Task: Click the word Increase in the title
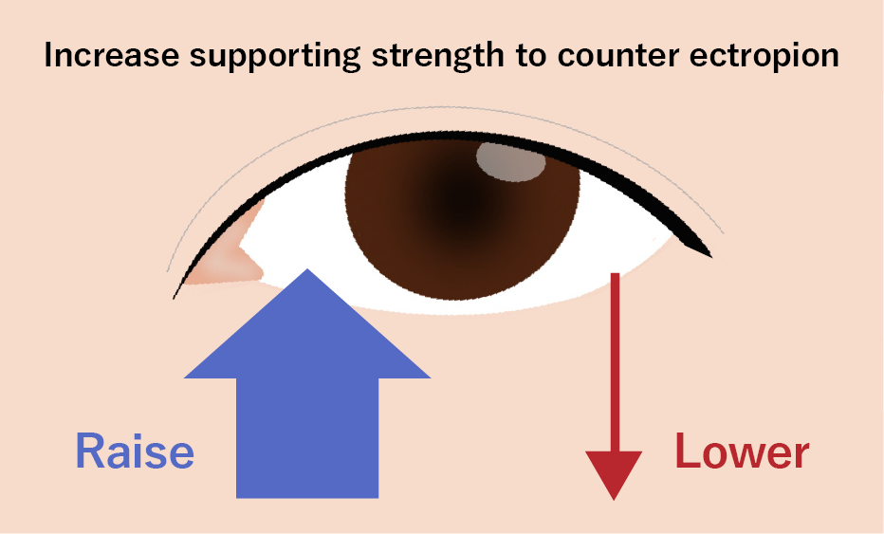(x=100, y=55)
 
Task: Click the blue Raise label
(x=135, y=452)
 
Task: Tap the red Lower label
(x=742, y=452)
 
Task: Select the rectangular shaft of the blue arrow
(x=307, y=436)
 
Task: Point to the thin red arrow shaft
(x=615, y=360)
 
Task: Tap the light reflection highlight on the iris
(x=510, y=160)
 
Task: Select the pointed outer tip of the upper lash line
(x=708, y=254)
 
